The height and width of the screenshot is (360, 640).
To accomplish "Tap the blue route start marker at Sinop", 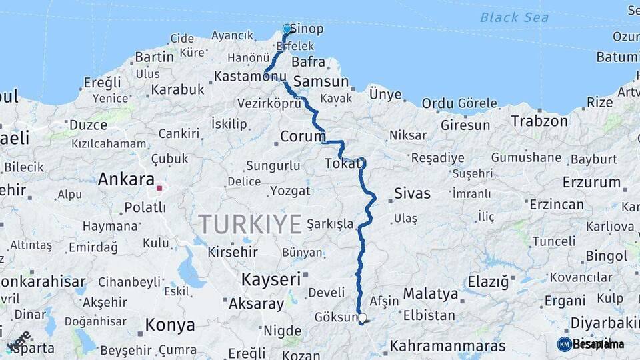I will pos(287,29).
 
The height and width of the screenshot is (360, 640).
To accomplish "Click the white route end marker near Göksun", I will pos(362,319).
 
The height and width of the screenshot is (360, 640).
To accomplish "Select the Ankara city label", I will pos(126,179).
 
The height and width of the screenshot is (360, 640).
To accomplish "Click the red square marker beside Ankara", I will pos(159,188).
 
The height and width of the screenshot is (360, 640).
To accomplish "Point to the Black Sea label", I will pos(514,17).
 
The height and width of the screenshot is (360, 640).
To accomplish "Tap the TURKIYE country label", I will pos(249,225).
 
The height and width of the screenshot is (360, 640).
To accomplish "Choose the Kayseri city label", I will pos(271,279).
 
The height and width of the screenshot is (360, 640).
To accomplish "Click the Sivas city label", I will pos(412,194).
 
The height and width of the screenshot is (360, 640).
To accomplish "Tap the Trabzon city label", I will pos(539,121).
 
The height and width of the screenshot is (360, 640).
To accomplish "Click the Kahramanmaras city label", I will pos(447,346).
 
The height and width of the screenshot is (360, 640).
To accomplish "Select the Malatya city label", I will pos(431,293).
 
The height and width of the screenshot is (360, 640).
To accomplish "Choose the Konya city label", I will pos(171,325).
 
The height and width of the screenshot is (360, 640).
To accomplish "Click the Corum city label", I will pos(303,136).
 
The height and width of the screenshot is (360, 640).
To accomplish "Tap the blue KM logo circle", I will pos(564,344).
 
